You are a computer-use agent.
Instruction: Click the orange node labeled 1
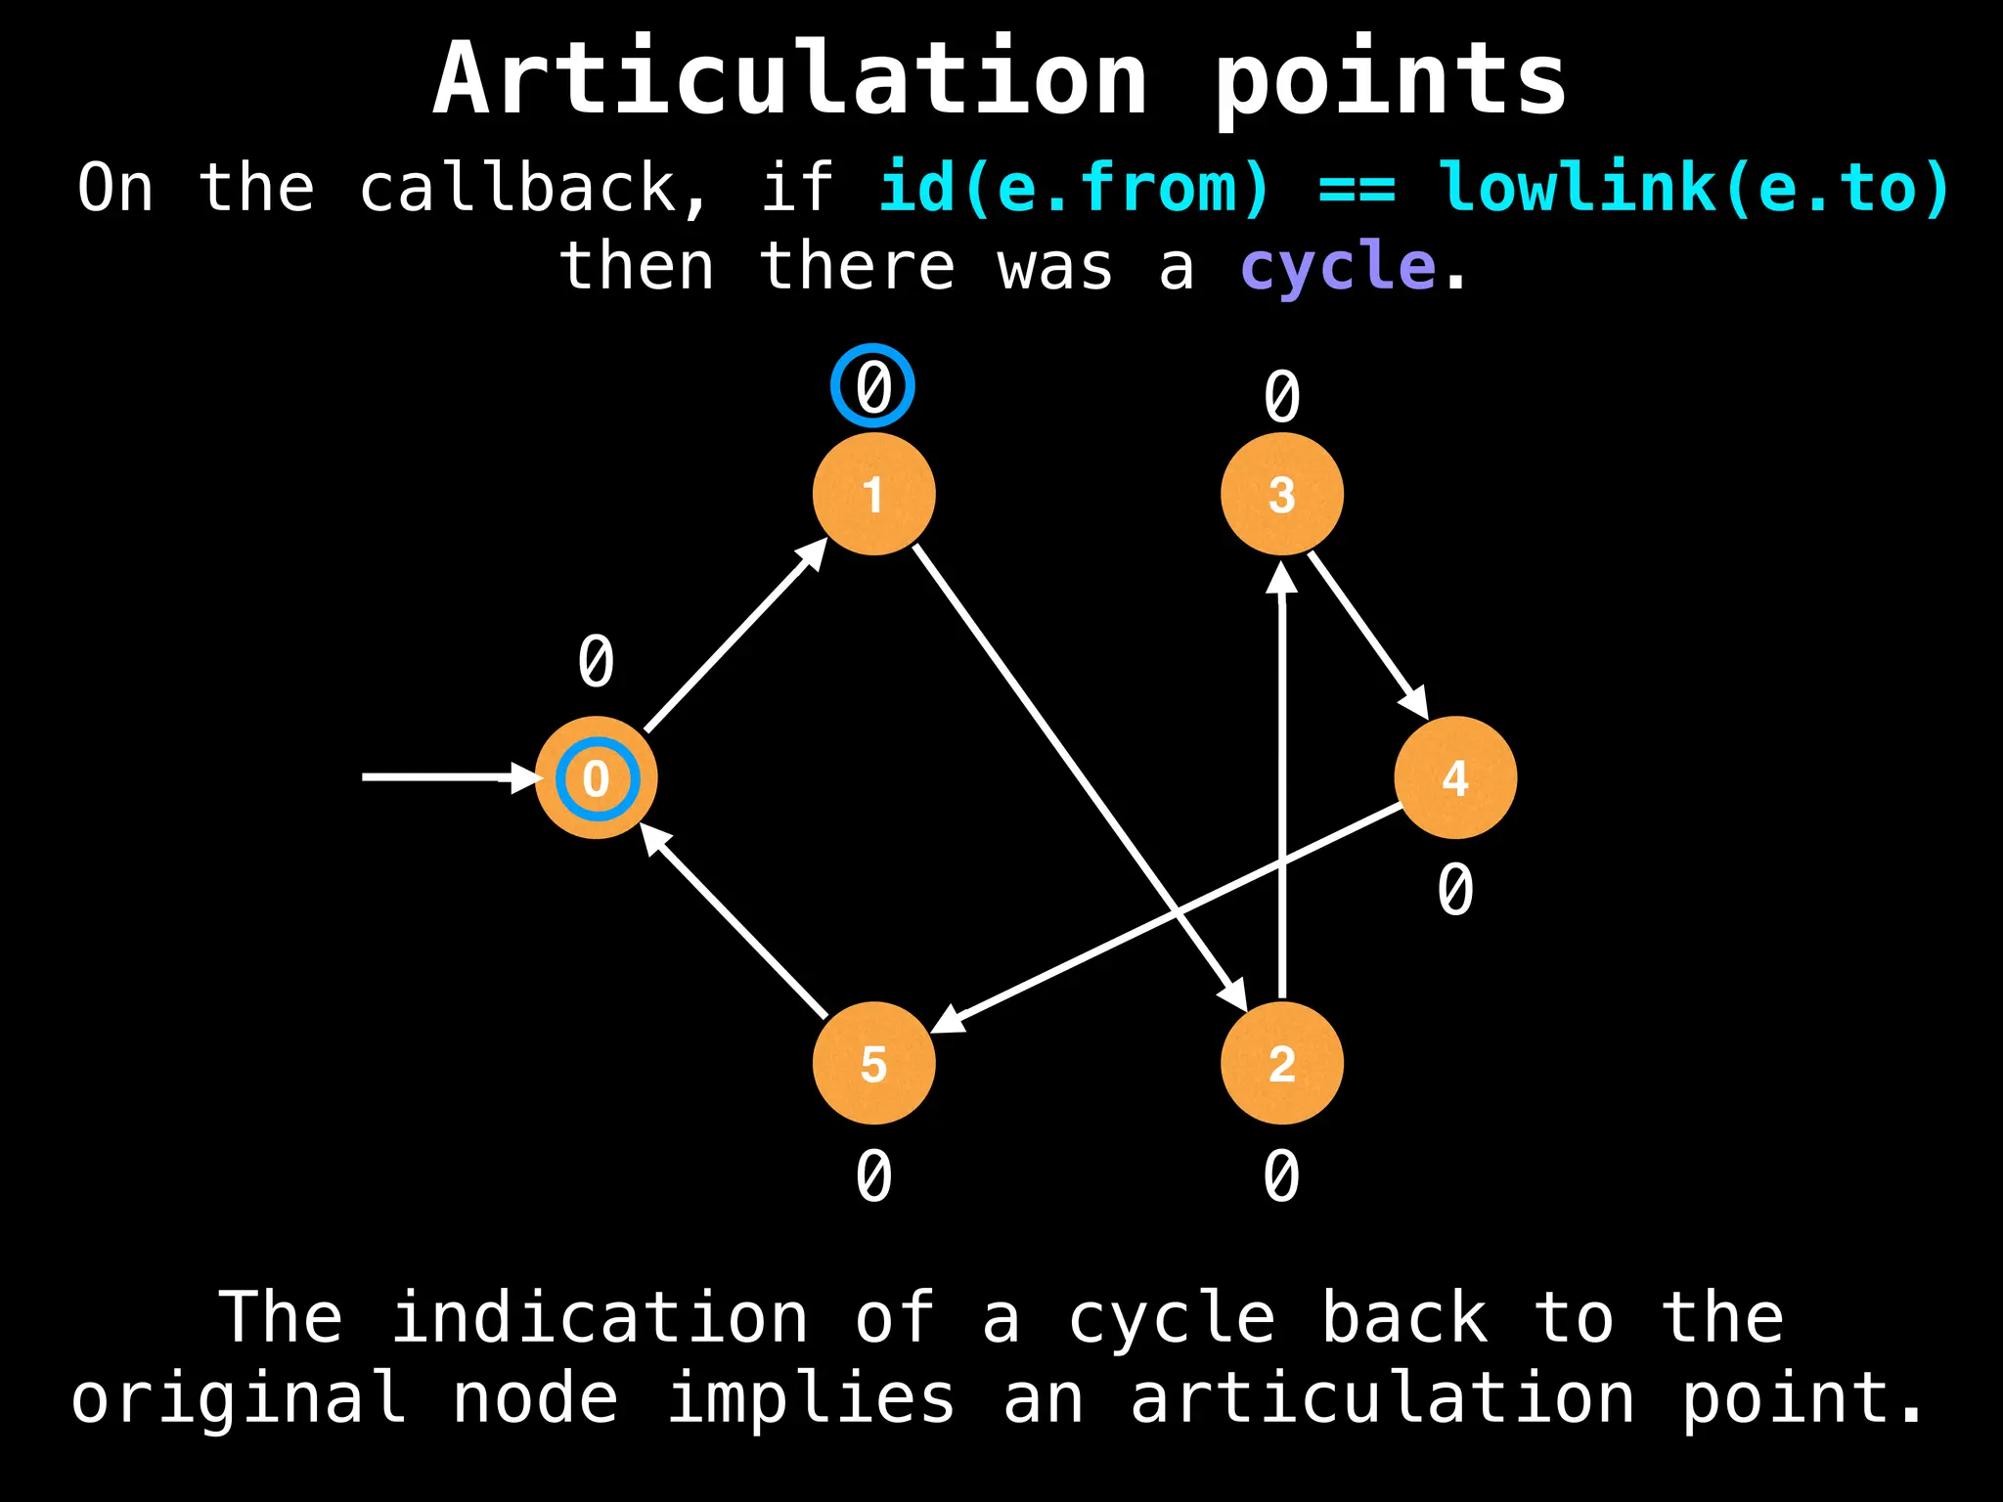[873, 494]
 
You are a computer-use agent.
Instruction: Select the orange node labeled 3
[1281, 494]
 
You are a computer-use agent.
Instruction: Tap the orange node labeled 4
[1455, 777]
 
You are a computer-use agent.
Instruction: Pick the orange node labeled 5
[873, 1063]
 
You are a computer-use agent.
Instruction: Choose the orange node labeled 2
[1281, 1063]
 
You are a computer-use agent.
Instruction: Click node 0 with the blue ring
[596, 777]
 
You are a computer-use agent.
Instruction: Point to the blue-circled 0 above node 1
[872, 385]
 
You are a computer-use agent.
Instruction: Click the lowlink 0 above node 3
[1281, 397]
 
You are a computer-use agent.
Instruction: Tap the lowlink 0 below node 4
[1455, 890]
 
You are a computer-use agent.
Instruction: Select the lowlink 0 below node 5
[873, 1175]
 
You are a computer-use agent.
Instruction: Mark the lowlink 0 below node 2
[1281, 1175]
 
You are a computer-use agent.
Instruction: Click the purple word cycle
[1337, 266]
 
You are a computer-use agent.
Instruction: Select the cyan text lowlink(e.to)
[1696, 187]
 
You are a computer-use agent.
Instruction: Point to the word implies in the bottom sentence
[811, 1397]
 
